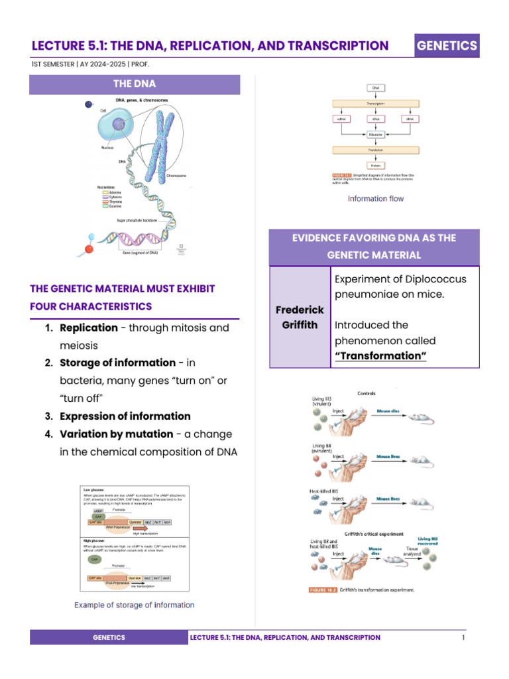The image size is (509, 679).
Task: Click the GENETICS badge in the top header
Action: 446,45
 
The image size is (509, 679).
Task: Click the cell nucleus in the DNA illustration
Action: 119,123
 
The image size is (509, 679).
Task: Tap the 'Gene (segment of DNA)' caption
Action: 141,253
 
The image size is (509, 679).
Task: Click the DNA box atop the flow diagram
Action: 375,88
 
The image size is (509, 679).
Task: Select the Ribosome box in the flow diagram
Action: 375,134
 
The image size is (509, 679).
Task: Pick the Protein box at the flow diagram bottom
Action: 375,165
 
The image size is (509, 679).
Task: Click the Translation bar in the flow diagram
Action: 375,150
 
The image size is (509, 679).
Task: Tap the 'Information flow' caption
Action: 375,198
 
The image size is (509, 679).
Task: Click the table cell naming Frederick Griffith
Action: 299,318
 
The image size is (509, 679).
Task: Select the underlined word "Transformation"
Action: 380,356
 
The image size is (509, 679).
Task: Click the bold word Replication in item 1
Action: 89,328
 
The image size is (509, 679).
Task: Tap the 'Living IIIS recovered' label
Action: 427,543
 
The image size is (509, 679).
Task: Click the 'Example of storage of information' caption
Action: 134,605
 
